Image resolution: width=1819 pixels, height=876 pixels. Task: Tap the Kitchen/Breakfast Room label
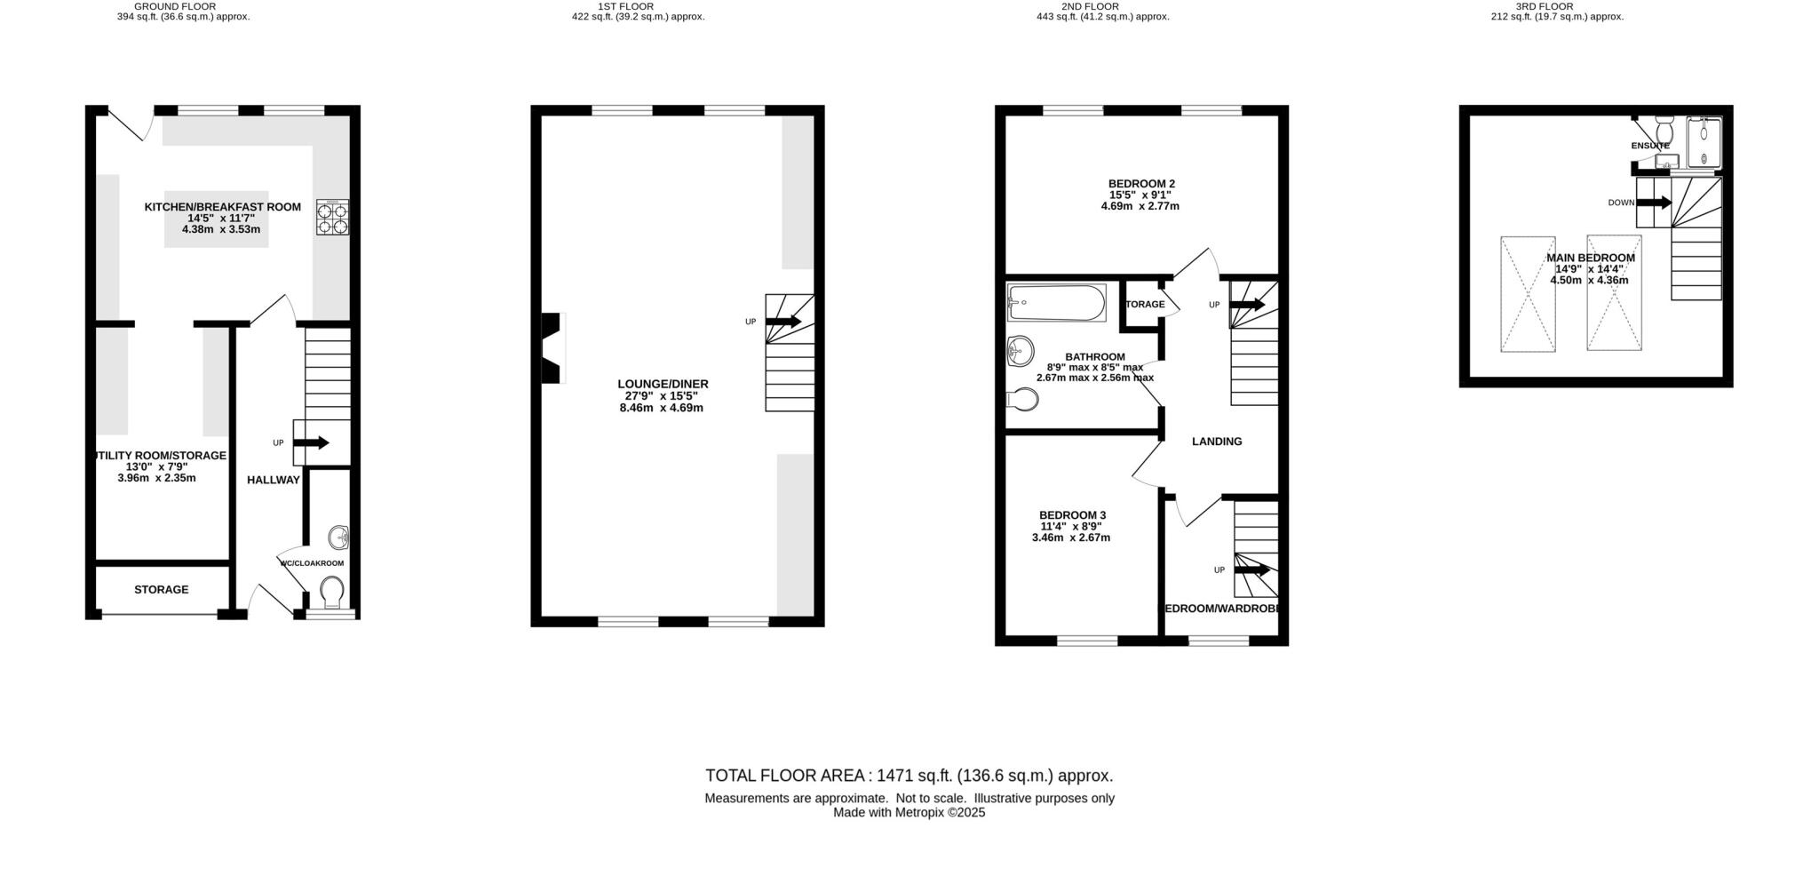[x=222, y=207]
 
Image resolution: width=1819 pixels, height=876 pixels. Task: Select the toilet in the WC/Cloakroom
[x=331, y=591]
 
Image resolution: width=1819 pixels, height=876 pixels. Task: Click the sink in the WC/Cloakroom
[x=339, y=538]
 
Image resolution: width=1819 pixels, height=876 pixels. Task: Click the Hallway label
[x=273, y=480]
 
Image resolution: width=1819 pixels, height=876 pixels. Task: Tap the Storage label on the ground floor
[x=161, y=590]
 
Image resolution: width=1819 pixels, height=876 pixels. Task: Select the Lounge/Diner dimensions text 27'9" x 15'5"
[x=663, y=396]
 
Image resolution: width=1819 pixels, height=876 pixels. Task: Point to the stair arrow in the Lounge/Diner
[x=783, y=321]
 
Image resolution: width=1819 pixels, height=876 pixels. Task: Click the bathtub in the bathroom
[x=1057, y=303]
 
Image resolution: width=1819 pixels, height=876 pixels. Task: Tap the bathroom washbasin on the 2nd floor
[x=1021, y=351]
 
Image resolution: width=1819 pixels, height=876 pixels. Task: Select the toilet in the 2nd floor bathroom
[x=1023, y=402]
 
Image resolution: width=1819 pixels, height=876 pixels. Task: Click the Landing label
[x=1216, y=442]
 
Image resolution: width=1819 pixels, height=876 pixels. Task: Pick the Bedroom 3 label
[x=1072, y=515]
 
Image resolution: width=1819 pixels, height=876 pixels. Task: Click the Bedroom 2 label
[x=1141, y=184]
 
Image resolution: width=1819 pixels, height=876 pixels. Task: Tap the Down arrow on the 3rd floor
[x=1653, y=203]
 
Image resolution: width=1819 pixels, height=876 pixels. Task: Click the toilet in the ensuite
[x=1664, y=133]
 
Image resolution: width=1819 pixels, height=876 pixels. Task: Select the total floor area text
[x=909, y=776]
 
